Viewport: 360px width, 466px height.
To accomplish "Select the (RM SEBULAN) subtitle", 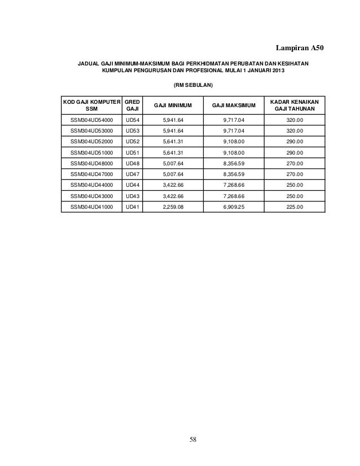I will coord(193,85).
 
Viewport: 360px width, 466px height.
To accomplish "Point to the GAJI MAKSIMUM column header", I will coord(234,105).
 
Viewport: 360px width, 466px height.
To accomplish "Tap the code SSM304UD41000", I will coord(91,206).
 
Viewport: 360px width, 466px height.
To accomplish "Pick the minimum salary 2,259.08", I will coord(173,206).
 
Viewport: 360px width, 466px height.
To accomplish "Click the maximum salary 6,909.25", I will coord(234,206).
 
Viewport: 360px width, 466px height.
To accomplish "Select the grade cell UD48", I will coord(134,164).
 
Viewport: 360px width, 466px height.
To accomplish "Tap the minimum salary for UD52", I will coord(173,142).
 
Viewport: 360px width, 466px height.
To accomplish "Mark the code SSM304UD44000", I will coord(91,185).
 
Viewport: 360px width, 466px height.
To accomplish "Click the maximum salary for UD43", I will coord(234,196).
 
